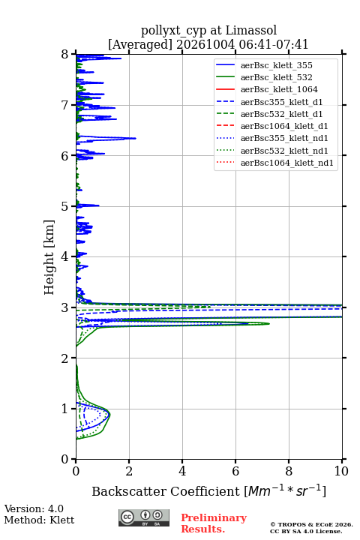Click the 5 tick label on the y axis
point(65,206)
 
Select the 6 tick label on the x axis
point(235,471)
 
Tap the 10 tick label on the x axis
point(341,471)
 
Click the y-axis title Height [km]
point(49,257)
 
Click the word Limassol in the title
point(250,30)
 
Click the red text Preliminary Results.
point(214,523)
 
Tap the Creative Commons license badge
point(144,518)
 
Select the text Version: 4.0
point(34,508)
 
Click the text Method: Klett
point(39,520)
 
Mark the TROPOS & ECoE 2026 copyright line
point(311,524)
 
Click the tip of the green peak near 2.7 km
point(269,323)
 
